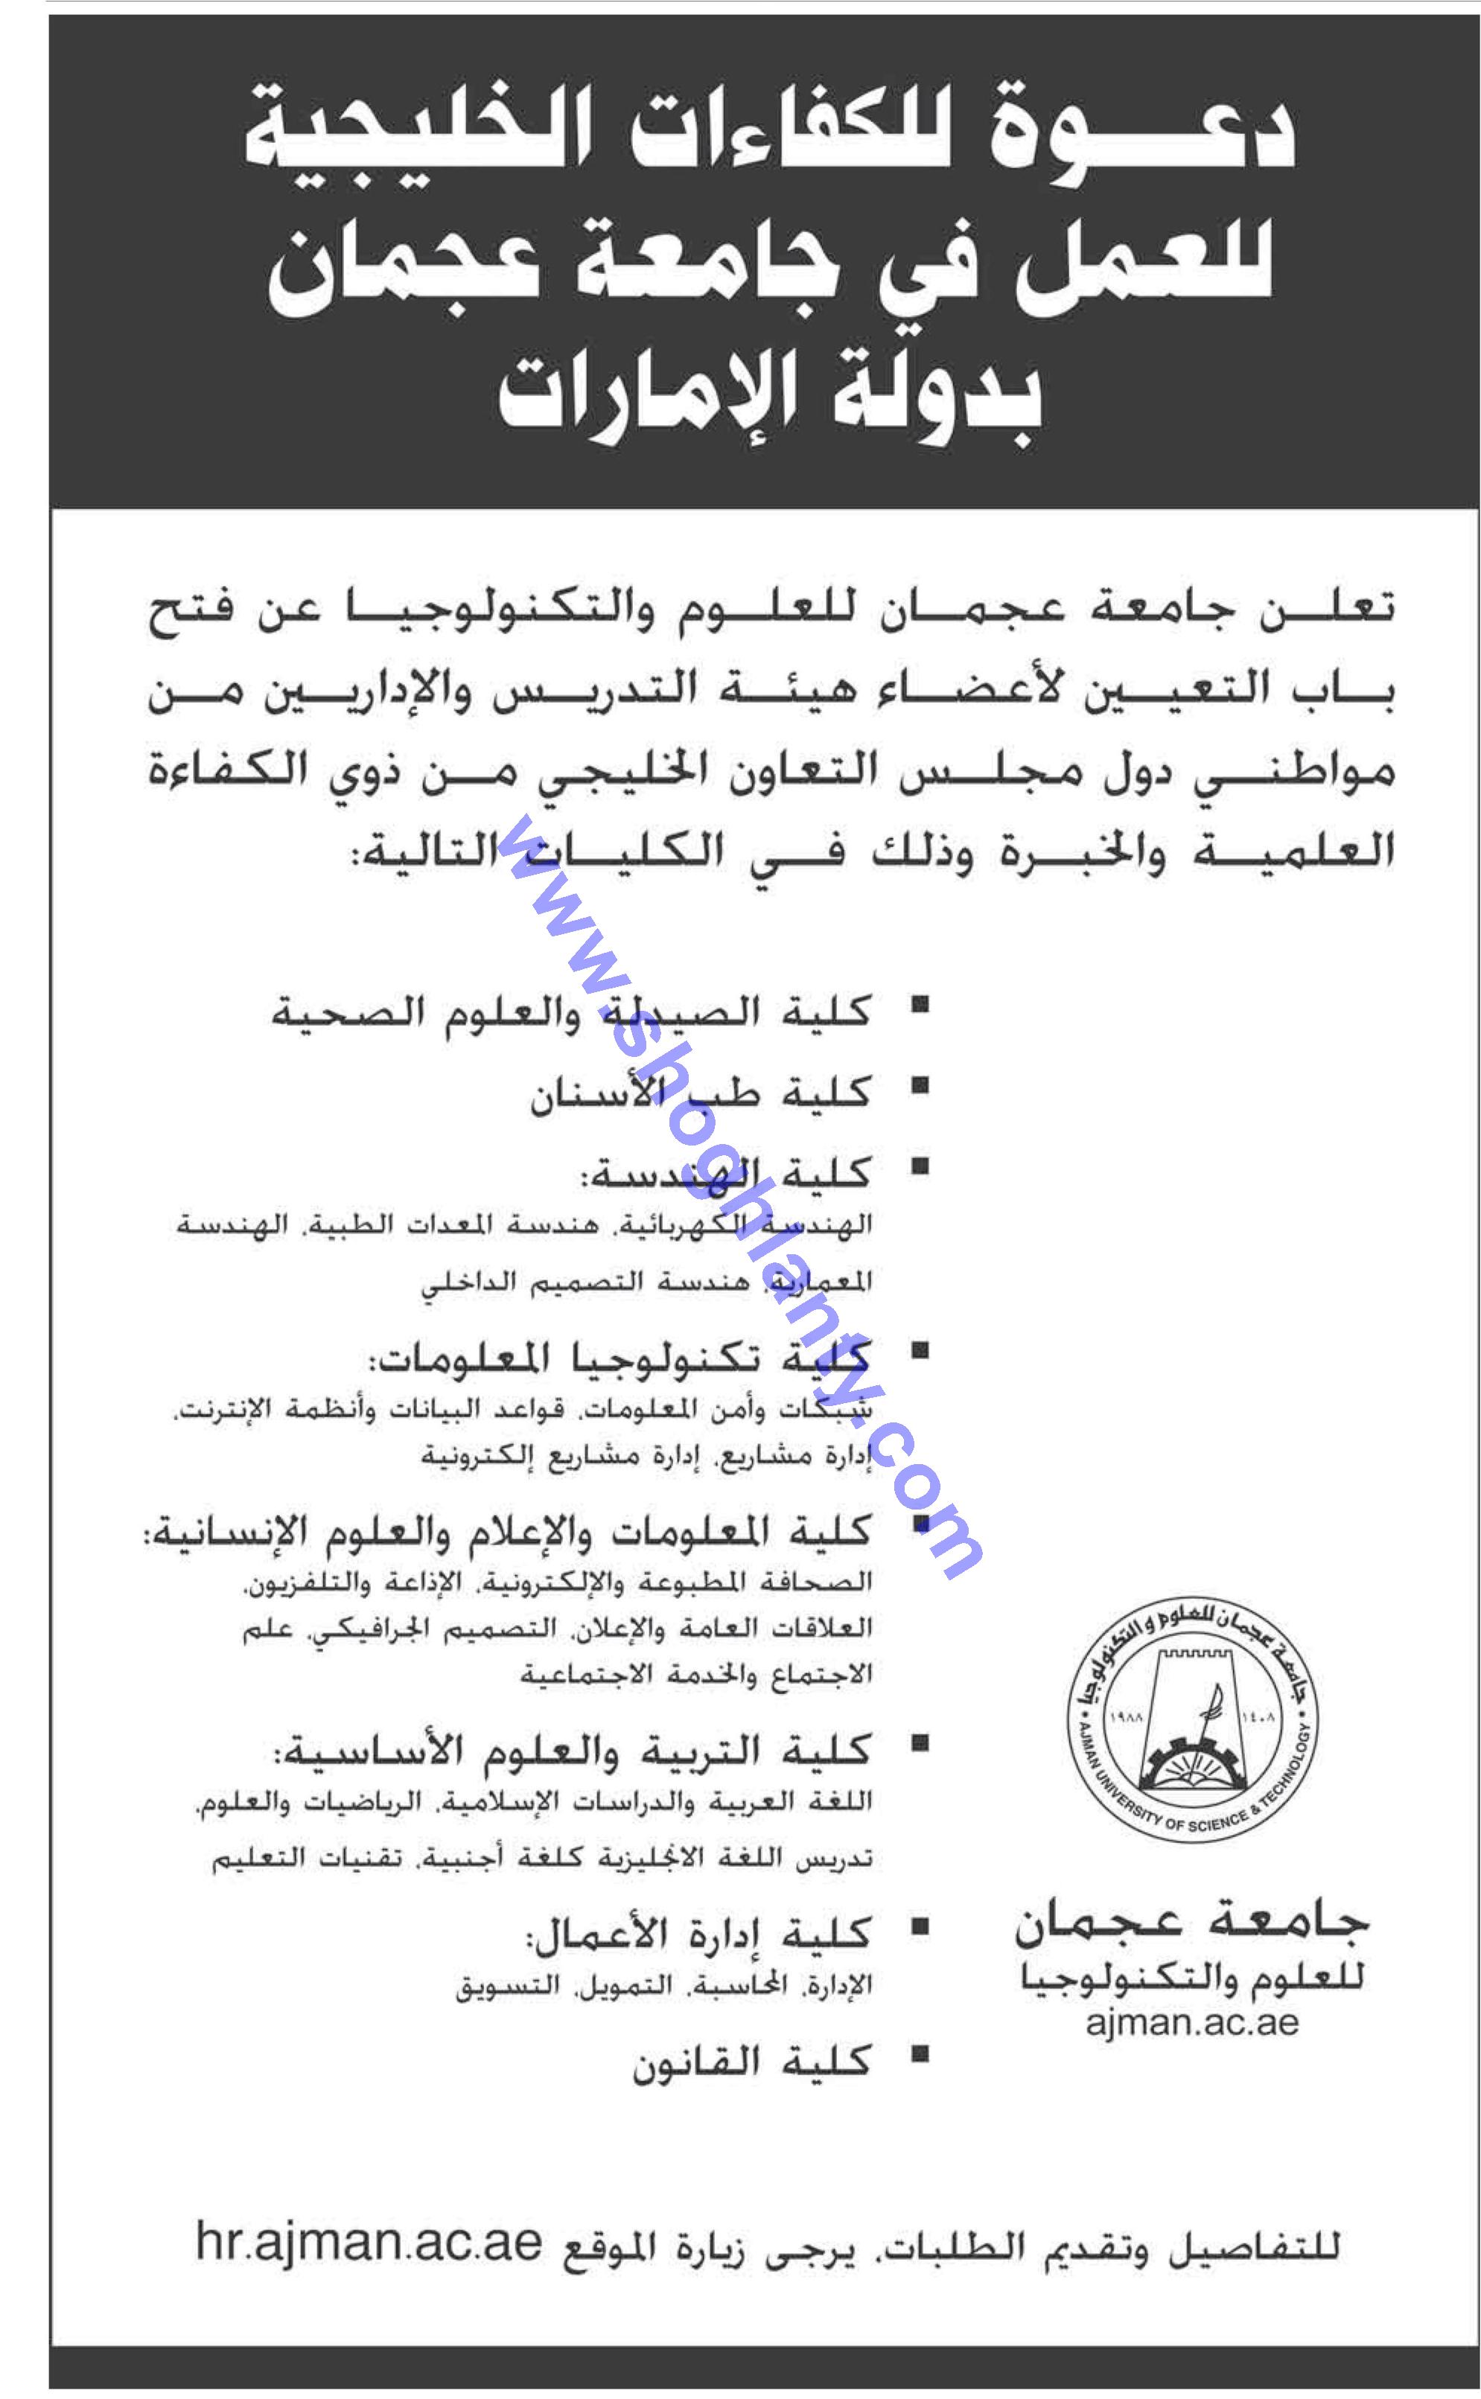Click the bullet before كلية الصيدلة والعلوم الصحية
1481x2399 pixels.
click(x=919, y=1005)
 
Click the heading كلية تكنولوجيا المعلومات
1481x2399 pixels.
click(x=619, y=1359)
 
